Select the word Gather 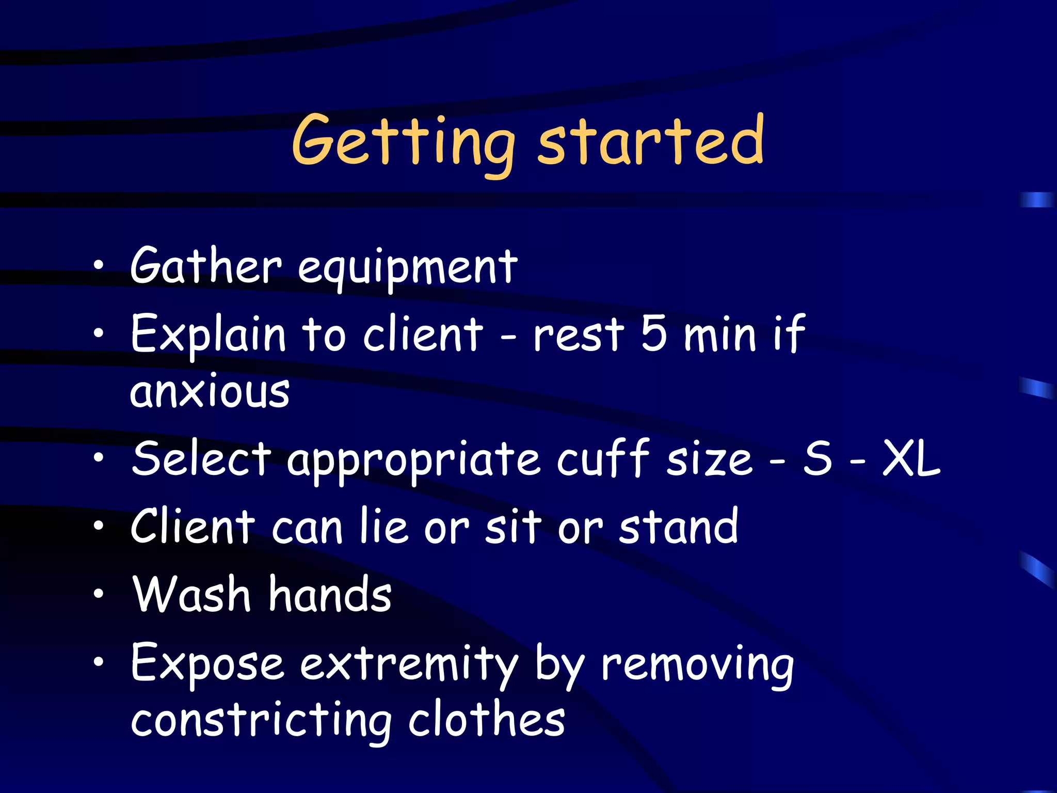click(206, 266)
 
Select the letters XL click(911, 458)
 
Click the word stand click(679, 526)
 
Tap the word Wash click(191, 594)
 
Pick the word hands click(330, 594)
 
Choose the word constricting click(261, 721)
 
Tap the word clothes click(487, 720)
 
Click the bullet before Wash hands click(99, 594)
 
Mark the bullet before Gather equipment click(99, 266)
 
